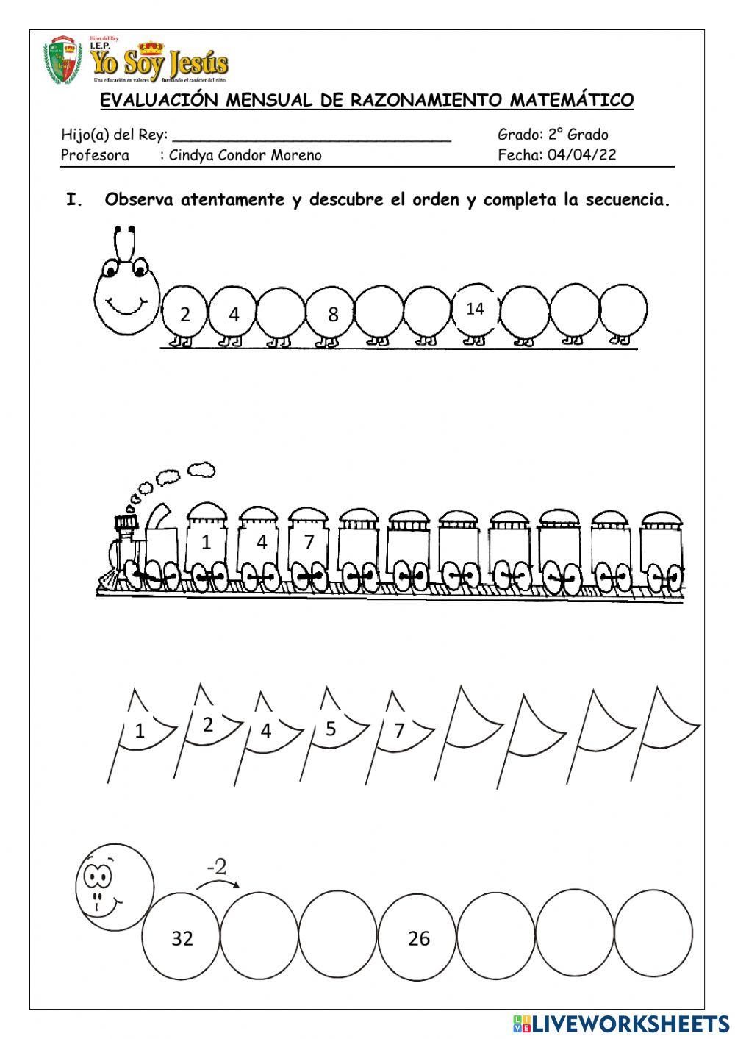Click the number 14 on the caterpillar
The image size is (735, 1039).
pyautogui.click(x=475, y=309)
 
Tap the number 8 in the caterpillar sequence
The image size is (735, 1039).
pyautogui.click(x=333, y=315)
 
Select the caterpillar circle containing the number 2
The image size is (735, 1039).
pyautogui.click(x=184, y=314)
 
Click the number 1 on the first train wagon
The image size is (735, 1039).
pyautogui.click(x=206, y=543)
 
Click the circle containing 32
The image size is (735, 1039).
pyautogui.click(x=182, y=938)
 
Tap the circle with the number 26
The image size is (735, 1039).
pyautogui.click(x=418, y=938)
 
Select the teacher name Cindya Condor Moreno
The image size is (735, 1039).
pyautogui.click(x=245, y=155)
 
